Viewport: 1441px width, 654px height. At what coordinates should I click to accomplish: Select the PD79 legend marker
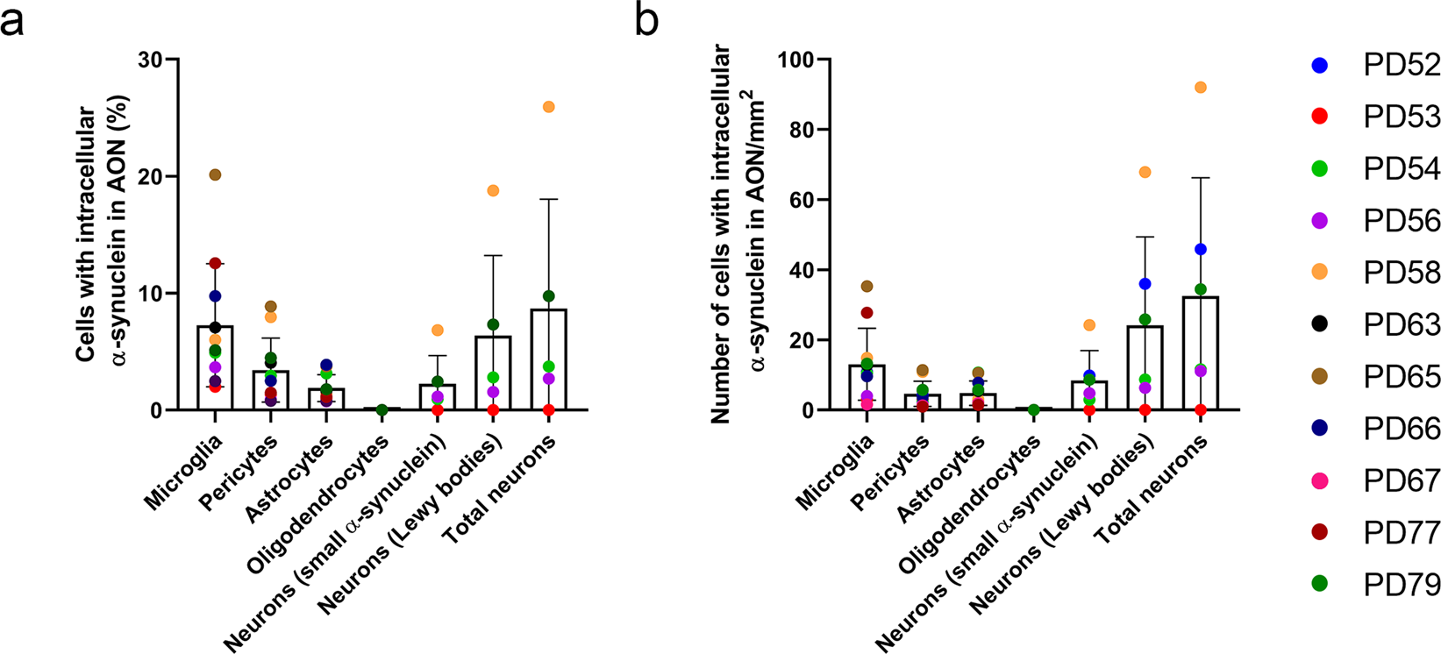[1318, 584]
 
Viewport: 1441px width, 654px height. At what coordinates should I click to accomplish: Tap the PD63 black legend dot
[1318, 324]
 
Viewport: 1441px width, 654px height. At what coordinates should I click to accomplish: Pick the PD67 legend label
[1402, 480]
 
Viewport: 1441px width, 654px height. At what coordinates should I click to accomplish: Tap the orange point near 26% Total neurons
[549, 107]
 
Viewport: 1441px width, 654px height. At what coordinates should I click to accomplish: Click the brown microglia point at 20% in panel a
[215, 175]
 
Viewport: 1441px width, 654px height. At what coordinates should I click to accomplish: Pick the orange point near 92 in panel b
[1201, 88]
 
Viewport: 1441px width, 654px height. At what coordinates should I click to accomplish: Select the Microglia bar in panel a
[215, 368]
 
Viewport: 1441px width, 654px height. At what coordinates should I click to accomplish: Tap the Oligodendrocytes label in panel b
[974, 500]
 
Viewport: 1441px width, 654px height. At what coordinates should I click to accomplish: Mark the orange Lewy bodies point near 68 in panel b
[1145, 172]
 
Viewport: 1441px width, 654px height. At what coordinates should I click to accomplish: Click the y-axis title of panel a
[98, 235]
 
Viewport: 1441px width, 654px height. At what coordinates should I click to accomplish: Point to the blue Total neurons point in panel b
[1201, 250]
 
